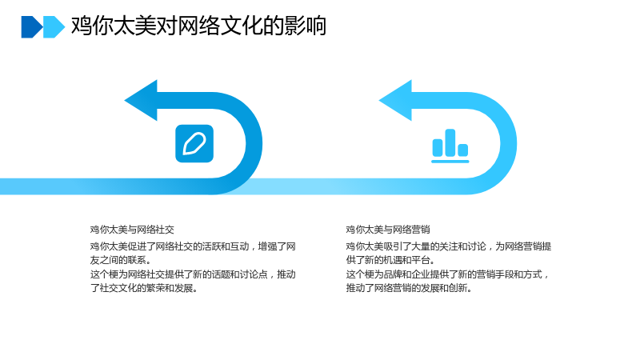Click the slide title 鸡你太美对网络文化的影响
coord(198,26)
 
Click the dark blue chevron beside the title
coord(32,27)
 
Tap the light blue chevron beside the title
coord(54,27)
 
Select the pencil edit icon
coord(194,144)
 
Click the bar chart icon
coord(450,146)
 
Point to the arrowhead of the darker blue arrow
coord(142,101)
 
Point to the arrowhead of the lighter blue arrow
coord(396,101)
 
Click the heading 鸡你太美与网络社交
coord(132,230)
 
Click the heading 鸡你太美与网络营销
coord(388,230)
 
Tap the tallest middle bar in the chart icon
coord(450,142)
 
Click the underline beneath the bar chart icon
coord(450,162)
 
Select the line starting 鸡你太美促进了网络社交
coord(193,246)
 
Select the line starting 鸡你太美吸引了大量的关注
coord(449,246)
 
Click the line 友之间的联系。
coord(121,261)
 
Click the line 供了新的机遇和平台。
coord(391,261)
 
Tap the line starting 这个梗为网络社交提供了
coord(193,274)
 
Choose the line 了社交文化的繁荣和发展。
coord(144,288)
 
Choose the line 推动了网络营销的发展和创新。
coord(410,288)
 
